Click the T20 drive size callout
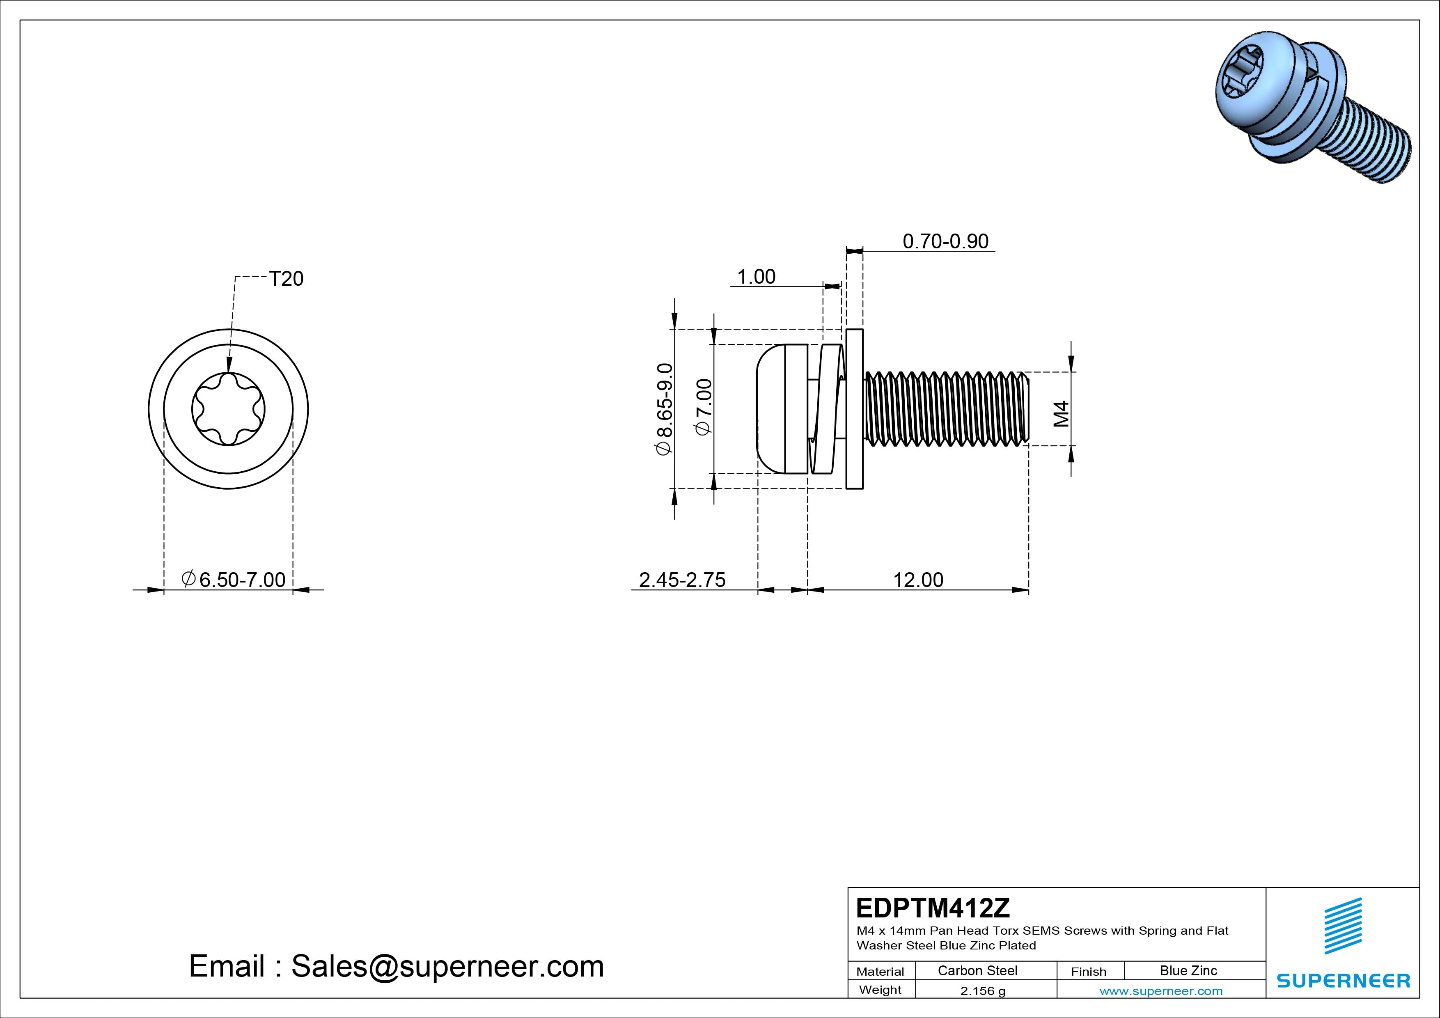click(x=286, y=278)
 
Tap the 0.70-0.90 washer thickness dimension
click(x=945, y=241)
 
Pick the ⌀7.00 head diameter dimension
click(x=704, y=406)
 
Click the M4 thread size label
click(x=1061, y=414)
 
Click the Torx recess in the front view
click(x=228, y=409)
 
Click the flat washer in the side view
click(x=854, y=409)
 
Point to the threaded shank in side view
click(x=946, y=409)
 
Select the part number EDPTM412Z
click(x=933, y=908)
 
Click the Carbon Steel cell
click(x=977, y=970)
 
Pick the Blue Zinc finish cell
click(x=1188, y=970)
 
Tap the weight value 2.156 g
click(x=983, y=991)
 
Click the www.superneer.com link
click(x=1161, y=991)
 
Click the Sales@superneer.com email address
click(x=447, y=966)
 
